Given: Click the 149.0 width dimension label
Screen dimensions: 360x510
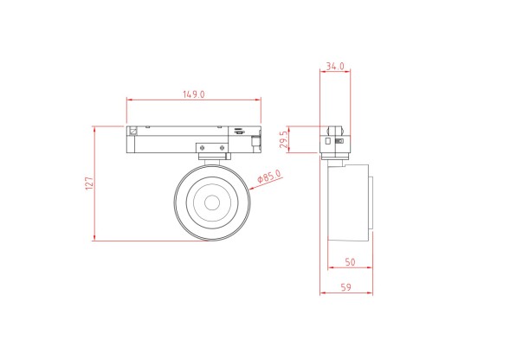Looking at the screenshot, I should click(192, 95).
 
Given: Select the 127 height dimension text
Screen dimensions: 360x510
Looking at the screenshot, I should click(88, 183).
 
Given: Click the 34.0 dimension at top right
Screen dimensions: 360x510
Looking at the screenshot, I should click(335, 66).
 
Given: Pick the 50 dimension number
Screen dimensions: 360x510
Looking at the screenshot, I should click(350, 260).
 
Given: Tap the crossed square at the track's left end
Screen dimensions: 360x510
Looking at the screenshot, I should click(132, 132).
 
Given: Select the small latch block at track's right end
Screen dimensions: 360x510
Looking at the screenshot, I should click(255, 140).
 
